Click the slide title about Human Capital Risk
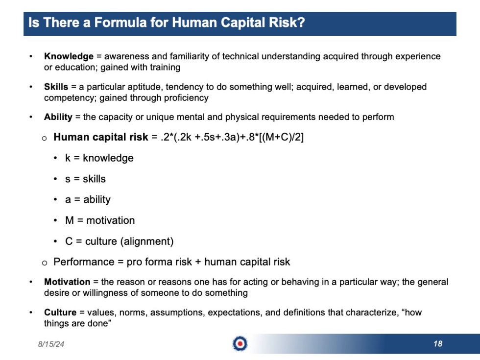click(167, 23)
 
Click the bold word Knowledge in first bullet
click(69, 56)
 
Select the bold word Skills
click(56, 87)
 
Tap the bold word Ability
click(58, 117)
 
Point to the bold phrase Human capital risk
click(100, 137)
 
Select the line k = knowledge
click(99, 158)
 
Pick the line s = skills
click(85, 179)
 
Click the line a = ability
click(88, 199)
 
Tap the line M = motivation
click(100, 220)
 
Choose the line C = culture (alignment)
click(119, 241)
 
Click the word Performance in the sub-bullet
click(83, 262)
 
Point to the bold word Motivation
click(67, 282)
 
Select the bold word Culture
click(60, 312)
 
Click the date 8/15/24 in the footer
click(51, 344)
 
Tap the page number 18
click(437, 344)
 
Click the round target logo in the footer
click(240, 344)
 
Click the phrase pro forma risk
click(159, 262)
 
